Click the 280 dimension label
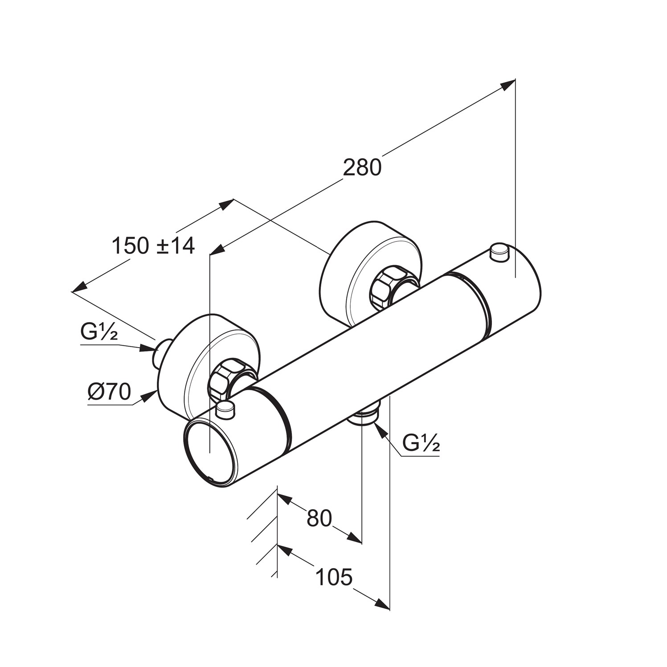(362, 168)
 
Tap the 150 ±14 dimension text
(153, 246)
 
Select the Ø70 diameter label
(110, 392)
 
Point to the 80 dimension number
(319, 518)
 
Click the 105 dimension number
(334, 577)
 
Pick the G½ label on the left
(99, 332)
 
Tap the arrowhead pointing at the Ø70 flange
(149, 397)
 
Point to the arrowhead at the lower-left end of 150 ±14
(79, 287)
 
